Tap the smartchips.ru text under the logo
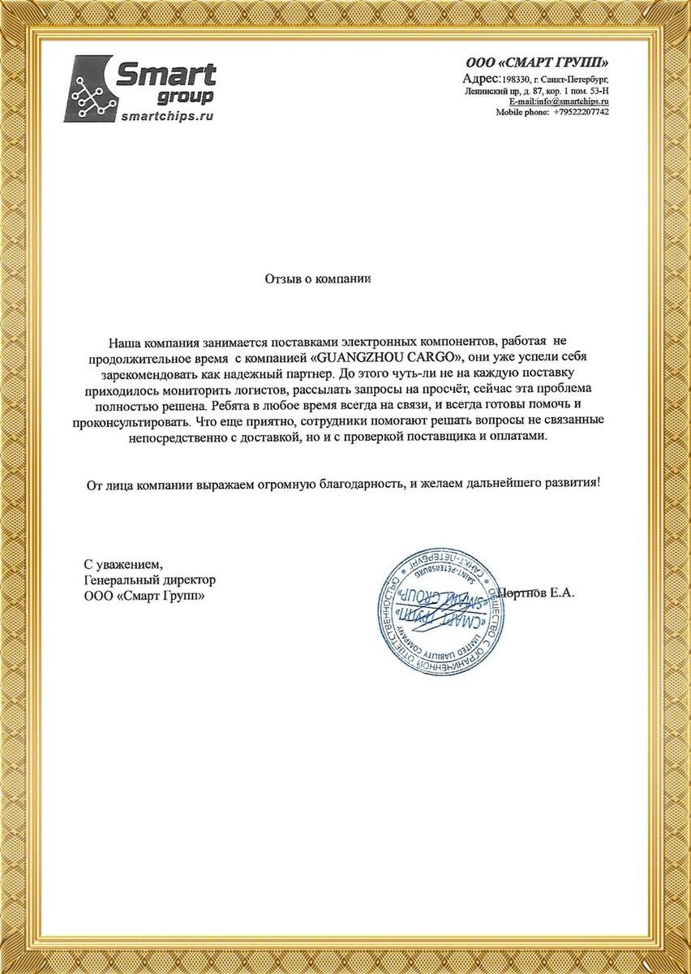tap(166, 117)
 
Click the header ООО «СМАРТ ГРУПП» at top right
tap(536, 63)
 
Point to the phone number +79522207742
tap(582, 111)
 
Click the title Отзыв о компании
tap(317, 278)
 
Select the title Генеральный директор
tap(150, 580)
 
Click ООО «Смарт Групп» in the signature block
tap(144, 596)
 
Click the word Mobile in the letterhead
tap(512, 111)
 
